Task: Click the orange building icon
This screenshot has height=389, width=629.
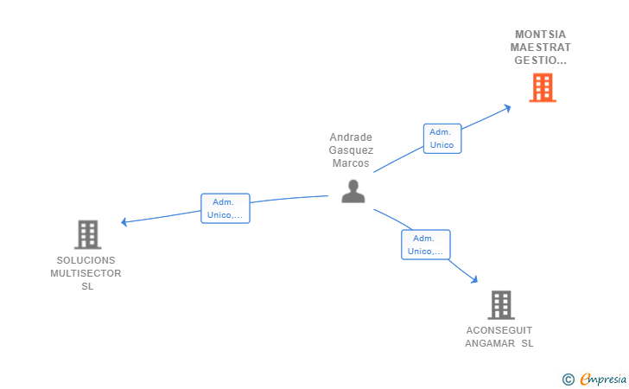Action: pos(543,87)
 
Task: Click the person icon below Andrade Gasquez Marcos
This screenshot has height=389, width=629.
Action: pos(353,191)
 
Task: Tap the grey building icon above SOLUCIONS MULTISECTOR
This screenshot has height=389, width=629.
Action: pos(88,234)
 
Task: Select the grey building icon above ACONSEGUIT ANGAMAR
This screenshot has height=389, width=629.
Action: pos(501,305)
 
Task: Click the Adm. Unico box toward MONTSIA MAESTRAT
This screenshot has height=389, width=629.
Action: pos(442,138)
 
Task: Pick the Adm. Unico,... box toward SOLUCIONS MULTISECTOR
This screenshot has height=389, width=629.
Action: pos(225,208)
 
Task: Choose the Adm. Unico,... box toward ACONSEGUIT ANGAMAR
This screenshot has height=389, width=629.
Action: pos(426,245)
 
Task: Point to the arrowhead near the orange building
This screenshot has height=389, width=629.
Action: pos(507,108)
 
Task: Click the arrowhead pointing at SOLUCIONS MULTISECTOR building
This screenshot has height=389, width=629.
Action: pos(124,221)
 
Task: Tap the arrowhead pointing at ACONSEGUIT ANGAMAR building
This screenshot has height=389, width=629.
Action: pos(474,279)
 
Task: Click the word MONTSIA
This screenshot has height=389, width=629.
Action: pos(540,35)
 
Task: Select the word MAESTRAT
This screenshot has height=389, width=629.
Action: pos(540,48)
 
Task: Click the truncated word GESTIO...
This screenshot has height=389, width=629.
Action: pos(540,61)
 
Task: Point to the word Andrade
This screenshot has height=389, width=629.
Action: pos(351,137)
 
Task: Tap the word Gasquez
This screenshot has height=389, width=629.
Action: pos(351,150)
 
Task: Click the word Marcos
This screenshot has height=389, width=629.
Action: pos(351,163)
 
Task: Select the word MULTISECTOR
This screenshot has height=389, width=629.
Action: pos(86,273)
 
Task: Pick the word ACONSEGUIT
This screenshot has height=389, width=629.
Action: pos(499,330)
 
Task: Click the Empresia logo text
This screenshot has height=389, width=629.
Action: pos(603,379)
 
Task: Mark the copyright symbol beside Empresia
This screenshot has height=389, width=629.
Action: pos(569,379)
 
